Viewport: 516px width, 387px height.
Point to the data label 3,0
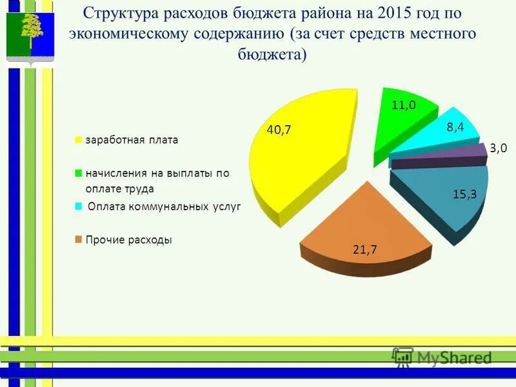coord(498,148)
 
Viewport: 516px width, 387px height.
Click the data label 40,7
coord(279,130)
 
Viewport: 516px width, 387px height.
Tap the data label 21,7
coord(364,251)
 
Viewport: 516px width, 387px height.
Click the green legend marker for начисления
coord(79,173)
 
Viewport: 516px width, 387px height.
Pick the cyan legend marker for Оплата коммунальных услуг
coord(79,206)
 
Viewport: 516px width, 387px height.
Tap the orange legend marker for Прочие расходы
coord(79,240)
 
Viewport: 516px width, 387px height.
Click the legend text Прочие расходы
coord(128,240)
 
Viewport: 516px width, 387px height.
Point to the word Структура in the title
coord(123,14)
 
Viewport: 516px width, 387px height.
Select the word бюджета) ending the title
coord(272,54)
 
